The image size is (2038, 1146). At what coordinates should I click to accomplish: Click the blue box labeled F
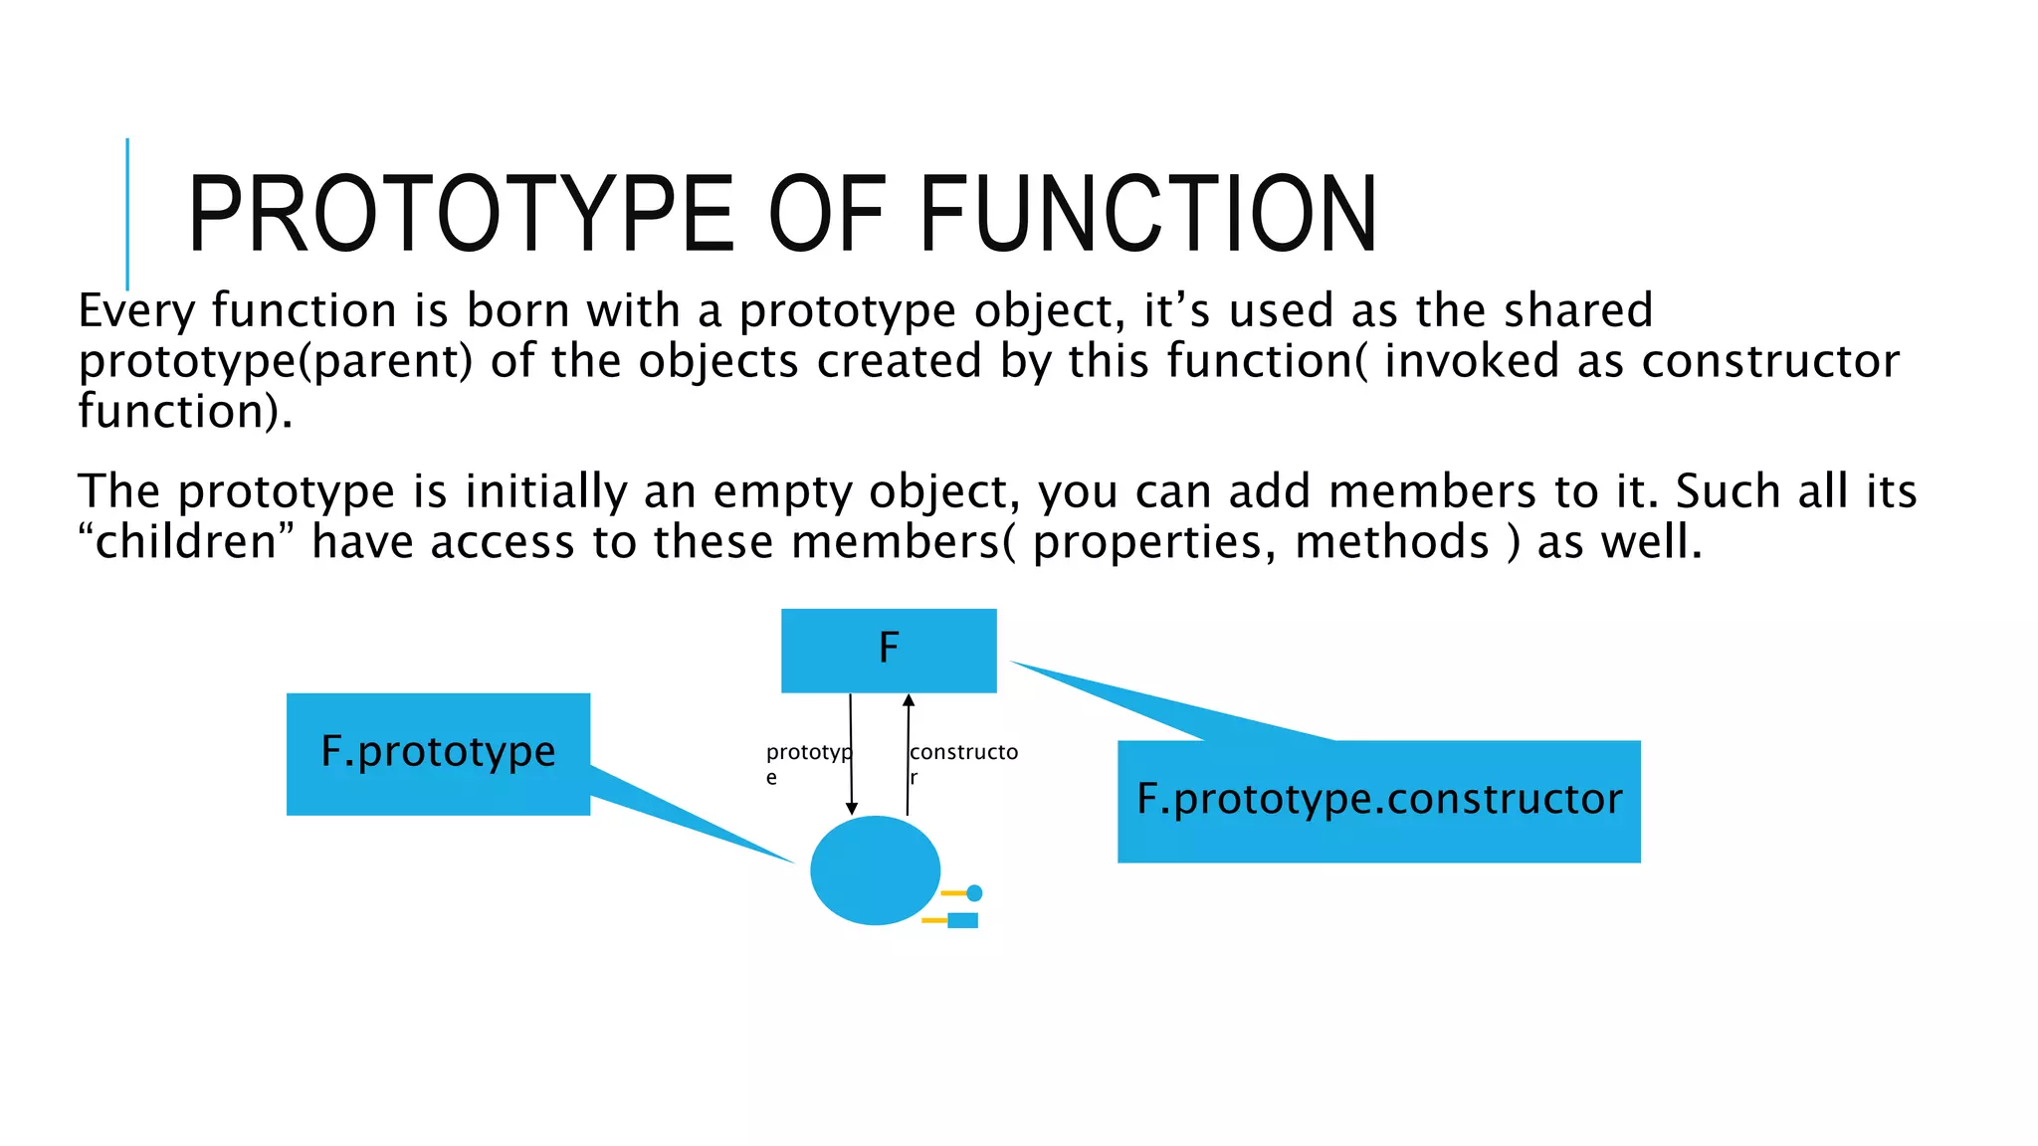(889, 651)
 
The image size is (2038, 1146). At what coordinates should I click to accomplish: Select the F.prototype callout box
(438, 753)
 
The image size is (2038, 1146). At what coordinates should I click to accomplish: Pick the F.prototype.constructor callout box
(1378, 801)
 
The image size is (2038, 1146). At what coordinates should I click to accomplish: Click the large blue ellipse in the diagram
(875, 870)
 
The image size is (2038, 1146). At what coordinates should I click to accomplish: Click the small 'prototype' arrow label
(807, 762)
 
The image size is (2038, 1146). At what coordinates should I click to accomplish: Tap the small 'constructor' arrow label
(963, 762)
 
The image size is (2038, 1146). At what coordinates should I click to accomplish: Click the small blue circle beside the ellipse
(974, 893)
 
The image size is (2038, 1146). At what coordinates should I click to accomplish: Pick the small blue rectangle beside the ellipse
(962, 920)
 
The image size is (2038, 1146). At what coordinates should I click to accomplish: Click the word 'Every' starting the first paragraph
(136, 311)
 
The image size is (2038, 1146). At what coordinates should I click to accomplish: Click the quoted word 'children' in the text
(186, 542)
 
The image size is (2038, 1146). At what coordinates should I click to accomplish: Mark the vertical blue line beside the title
(127, 214)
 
